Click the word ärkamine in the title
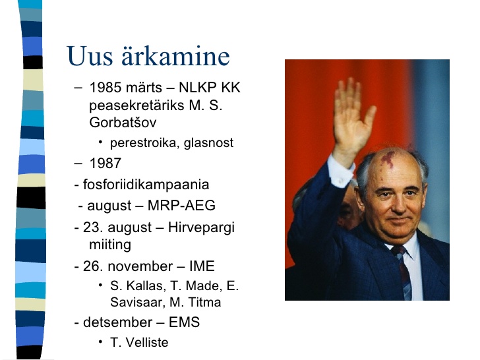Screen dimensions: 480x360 coord(175,55)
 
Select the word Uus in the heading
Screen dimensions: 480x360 coord(90,55)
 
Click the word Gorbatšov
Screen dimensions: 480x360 coord(123,123)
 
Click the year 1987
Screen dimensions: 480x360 coord(105,163)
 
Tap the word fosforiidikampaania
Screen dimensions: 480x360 coord(146,185)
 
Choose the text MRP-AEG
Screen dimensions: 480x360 coord(181,206)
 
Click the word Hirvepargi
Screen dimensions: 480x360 coord(201,227)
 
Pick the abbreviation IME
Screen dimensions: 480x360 coord(202,266)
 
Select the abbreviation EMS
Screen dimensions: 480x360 coord(185,322)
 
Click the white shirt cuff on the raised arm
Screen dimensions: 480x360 coord(341,172)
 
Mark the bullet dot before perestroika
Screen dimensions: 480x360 coord(100,142)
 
